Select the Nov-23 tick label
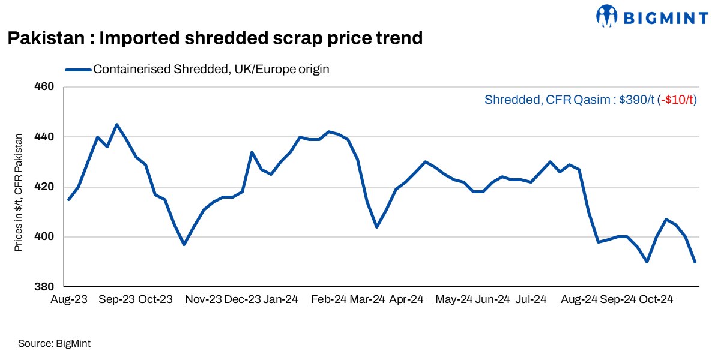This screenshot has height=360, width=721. (x=204, y=299)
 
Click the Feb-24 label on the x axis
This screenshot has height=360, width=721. (x=329, y=299)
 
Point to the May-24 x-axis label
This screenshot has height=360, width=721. (x=454, y=299)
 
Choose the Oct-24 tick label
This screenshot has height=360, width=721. (x=656, y=299)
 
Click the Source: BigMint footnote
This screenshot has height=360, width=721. (x=54, y=344)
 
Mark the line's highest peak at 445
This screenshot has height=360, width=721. (x=116, y=124)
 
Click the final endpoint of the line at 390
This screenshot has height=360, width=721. (x=695, y=262)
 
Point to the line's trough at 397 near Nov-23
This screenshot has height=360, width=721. (x=184, y=244)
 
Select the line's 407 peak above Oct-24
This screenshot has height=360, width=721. (x=666, y=219)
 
